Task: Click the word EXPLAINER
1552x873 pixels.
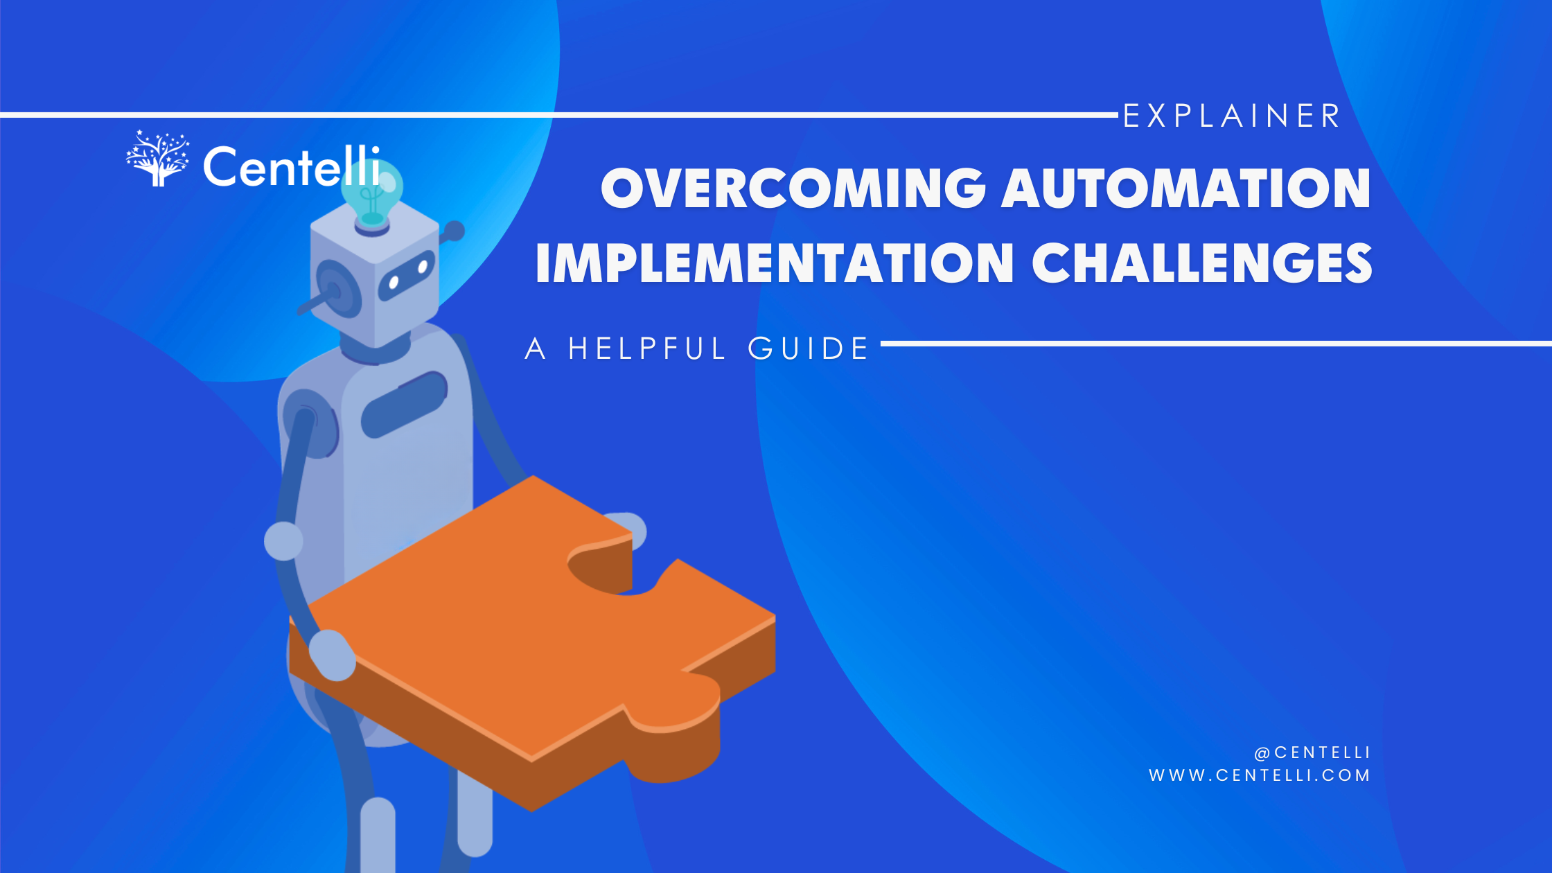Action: [1231, 116]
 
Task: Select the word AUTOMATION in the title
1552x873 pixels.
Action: [1186, 188]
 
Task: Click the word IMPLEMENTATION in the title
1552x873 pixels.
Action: [775, 263]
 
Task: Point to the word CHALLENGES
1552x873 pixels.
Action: [1201, 263]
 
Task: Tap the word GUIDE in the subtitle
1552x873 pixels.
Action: [808, 349]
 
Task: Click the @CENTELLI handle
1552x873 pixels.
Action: [1312, 752]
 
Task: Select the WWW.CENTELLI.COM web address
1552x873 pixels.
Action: [1259, 775]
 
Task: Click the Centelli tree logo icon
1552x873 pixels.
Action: [158, 159]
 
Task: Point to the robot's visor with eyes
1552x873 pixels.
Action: [407, 274]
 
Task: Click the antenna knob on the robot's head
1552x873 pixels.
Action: [455, 231]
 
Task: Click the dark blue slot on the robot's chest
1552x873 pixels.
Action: [404, 404]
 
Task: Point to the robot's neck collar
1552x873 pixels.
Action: [374, 351]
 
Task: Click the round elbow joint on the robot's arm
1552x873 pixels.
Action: [283, 540]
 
